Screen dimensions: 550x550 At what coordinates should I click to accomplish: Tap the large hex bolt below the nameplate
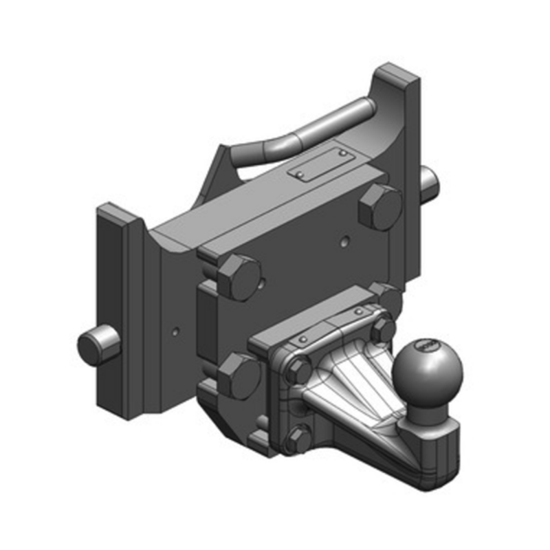pyautogui.click(x=379, y=207)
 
